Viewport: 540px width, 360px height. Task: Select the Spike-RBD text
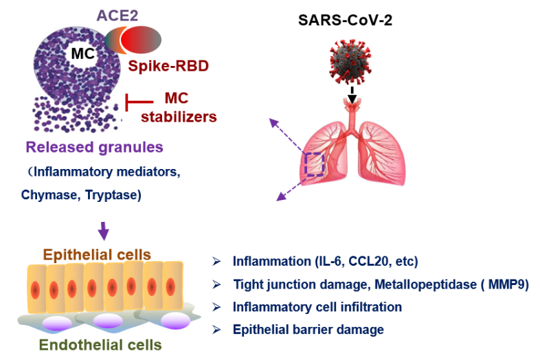(168, 67)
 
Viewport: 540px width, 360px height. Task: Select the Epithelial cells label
(97, 255)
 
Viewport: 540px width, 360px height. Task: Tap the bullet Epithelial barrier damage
(308, 330)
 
